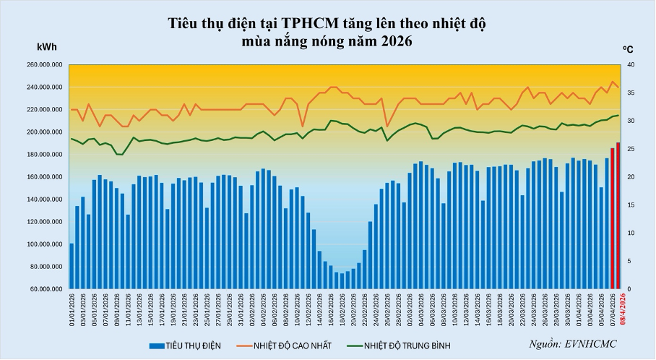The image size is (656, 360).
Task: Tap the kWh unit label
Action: [x=47, y=47]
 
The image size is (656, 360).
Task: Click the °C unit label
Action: [x=628, y=50]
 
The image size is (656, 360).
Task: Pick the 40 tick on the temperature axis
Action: [x=630, y=65]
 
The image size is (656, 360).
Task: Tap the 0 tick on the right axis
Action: [x=628, y=289]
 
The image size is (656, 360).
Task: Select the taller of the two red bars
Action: [x=618, y=215]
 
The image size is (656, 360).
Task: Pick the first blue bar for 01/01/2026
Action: [x=72, y=266]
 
